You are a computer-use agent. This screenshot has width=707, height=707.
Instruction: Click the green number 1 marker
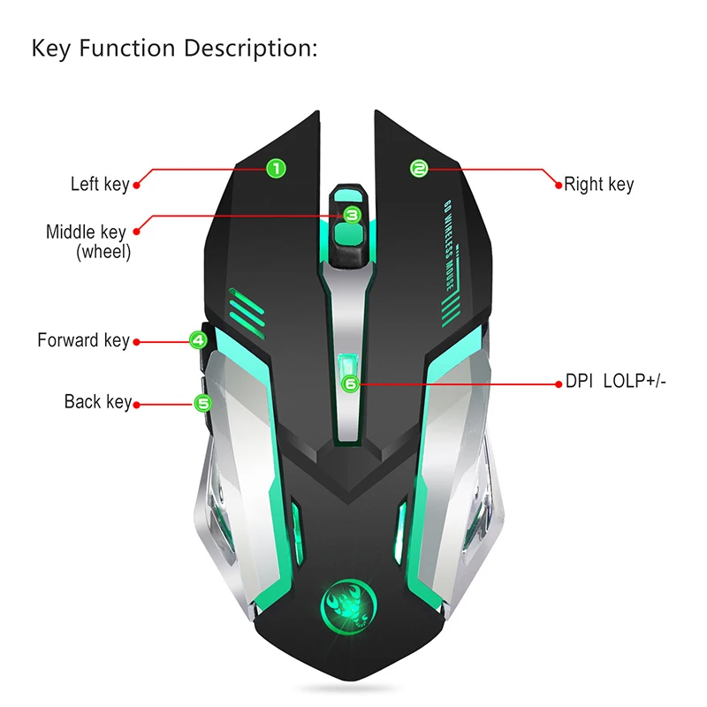(x=275, y=167)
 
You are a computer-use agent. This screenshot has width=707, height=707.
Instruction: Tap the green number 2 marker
(x=419, y=167)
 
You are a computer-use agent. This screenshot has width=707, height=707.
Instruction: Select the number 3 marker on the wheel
(x=351, y=214)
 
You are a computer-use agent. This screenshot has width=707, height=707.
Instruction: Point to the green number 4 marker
(x=198, y=339)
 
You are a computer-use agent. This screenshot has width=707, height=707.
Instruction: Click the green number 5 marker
(x=203, y=403)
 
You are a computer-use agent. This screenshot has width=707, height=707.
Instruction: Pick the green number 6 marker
(x=351, y=384)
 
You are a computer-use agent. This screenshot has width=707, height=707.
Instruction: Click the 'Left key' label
(x=100, y=185)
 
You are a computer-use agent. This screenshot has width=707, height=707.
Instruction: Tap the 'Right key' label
(x=599, y=185)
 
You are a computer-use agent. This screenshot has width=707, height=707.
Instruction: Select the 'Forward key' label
(x=83, y=340)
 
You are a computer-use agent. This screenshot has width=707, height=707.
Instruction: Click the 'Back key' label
(x=97, y=402)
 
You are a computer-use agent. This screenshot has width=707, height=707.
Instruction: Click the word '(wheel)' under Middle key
(x=103, y=252)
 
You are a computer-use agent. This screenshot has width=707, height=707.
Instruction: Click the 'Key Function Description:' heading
(x=174, y=48)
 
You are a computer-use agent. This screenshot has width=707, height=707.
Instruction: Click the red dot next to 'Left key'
(x=136, y=186)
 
